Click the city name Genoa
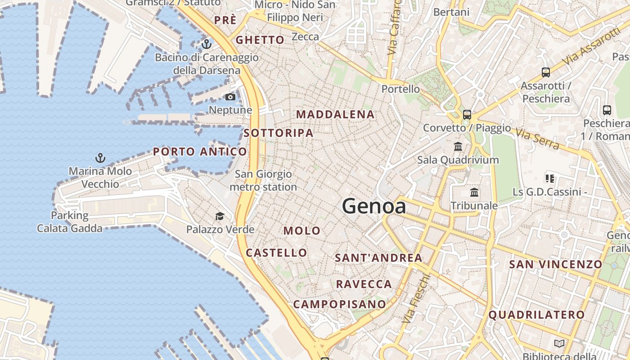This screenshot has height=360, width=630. (374, 206)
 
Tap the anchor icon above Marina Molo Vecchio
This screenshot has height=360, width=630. (100, 158)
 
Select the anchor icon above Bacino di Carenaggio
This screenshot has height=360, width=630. (207, 44)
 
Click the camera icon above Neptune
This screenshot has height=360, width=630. (230, 97)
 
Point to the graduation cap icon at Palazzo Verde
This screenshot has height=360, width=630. (220, 216)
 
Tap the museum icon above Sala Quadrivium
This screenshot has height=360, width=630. (458, 147)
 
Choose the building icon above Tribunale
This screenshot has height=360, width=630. (474, 193)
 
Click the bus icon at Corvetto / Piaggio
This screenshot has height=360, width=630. (467, 115)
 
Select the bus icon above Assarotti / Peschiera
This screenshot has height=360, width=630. (545, 72)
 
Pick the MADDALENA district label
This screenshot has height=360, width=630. (335, 115)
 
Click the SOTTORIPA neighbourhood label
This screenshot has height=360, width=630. (279, 133)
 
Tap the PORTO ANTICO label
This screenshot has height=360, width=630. (200, 152)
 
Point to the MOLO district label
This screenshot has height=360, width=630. (302, 231)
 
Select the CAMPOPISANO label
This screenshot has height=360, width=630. (340, 304)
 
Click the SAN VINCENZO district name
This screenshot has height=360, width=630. (555, 264)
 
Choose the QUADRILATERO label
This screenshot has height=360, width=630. (536, 315)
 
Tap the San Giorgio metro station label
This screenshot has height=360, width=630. (263, 180)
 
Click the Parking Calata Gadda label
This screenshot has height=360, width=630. (70, 222)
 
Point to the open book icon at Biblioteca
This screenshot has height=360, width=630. (559, 344)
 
